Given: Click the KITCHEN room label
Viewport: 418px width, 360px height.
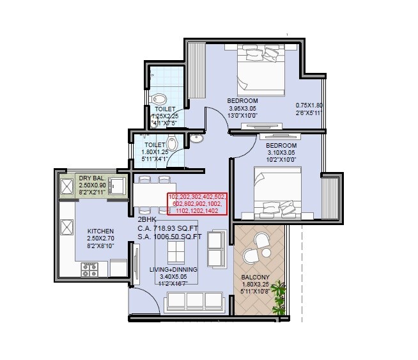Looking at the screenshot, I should pos(101,231).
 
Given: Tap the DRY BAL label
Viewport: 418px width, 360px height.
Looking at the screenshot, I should pos(91,177).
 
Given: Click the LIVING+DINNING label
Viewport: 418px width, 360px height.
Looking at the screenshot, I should pos(173,270).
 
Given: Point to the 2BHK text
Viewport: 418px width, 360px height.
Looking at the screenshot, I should pos(147,219).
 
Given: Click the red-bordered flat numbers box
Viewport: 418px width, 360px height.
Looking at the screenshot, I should pos(196,204).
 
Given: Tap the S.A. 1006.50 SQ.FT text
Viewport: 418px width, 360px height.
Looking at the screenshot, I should pos(169,237).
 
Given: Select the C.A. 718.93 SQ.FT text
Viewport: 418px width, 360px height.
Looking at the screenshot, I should pos(169,228).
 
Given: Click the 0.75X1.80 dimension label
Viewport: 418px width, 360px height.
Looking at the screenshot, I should pos(310,106).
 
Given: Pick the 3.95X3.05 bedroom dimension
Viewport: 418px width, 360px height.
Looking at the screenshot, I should pos(243,109).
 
